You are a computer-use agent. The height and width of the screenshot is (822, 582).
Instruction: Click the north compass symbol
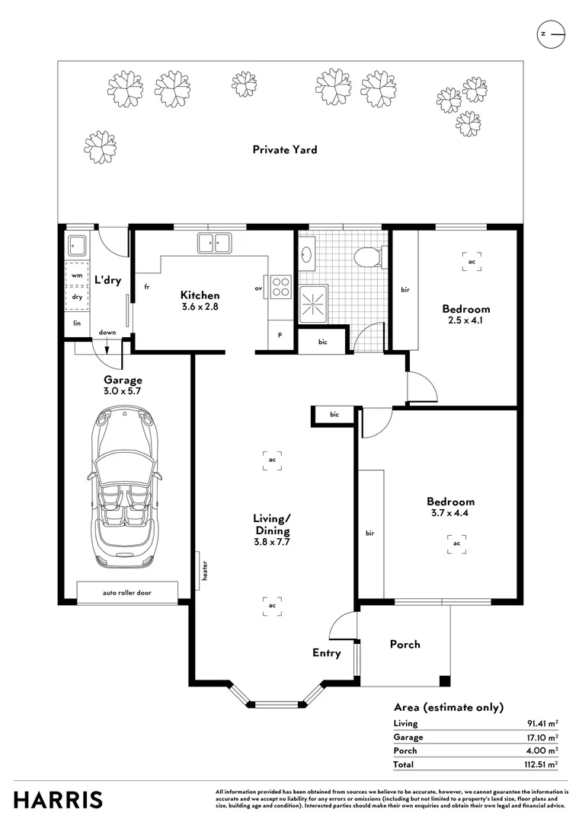(x=551, y=34)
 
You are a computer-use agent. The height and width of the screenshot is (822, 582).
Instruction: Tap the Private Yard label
(x=285, y=150)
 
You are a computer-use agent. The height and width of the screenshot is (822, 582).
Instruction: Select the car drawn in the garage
(x=124, y=489)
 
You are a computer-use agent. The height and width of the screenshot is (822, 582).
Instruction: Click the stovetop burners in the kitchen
(x=281, y=285)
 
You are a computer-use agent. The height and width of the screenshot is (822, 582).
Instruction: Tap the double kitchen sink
(x=215, y=243)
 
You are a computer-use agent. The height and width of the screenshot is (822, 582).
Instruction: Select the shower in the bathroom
(x=313, y=306)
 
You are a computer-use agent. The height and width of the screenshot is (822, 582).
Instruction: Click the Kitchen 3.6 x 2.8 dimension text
(x=200, y=307)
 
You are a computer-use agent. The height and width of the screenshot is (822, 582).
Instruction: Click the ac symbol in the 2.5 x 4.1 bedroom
(x=472, y=261)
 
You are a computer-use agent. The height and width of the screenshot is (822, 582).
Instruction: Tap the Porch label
(x=405, y=644)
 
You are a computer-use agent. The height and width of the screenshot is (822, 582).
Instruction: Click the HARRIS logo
(x=59, y=800)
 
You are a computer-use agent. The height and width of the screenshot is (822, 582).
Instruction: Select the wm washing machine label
(x=77, y=276)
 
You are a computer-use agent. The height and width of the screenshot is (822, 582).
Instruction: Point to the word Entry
(x=327, y=653)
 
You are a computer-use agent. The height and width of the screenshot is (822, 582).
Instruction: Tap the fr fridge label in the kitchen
(x=145, y=288)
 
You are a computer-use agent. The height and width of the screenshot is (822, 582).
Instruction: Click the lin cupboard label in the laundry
(x=76, y=323)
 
